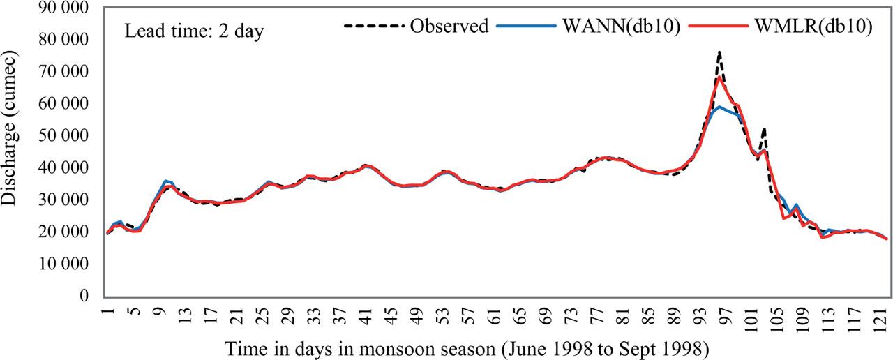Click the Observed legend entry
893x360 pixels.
[449, 27]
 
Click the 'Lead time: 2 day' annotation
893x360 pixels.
[194, 32]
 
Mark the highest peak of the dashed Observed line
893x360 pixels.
[719, 52]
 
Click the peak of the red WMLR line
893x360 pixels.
[719, 77]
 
